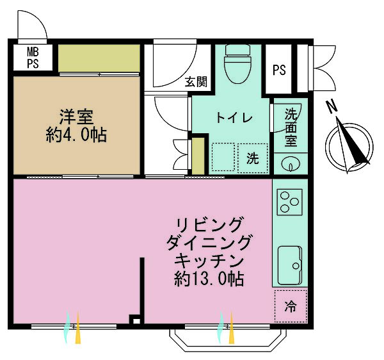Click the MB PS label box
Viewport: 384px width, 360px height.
pyautogui.click(x=33, y=58)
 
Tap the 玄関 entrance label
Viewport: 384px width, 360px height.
pyautogui.click(x=196, y=81)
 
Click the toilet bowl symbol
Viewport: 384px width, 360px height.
pyautogui.click(x=237, y=64)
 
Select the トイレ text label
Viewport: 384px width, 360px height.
pyautogui.click(x=234, y=118)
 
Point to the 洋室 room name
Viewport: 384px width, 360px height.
pyautogui.click(x=76, y=117)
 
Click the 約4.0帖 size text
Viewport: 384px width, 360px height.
pyautogui.click(x=76, y=135)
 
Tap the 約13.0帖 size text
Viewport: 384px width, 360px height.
pyautogui.click(x=209, y=279)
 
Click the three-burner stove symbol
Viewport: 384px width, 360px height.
pyautogui.click(x=289, y=202)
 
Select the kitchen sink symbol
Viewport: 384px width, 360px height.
pyautogui.click(x=289, y=266)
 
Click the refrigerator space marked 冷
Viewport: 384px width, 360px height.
pyautogui.click(x=291, y=306)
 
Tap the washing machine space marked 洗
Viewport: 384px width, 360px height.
pyautogui.click(x=253, y=158)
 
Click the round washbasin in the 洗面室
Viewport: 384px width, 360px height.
pyautogui.click(x=291, y=163)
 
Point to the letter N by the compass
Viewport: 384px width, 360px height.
pyautogui.click(x=332, y=107)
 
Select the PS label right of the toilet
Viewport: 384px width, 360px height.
pyautogui.click(x=279, y=70)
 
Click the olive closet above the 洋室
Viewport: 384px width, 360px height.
pyautogui.click(x=99, y=58)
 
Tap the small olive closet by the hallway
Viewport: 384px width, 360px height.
pyautogui.click(x=198, y=156)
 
